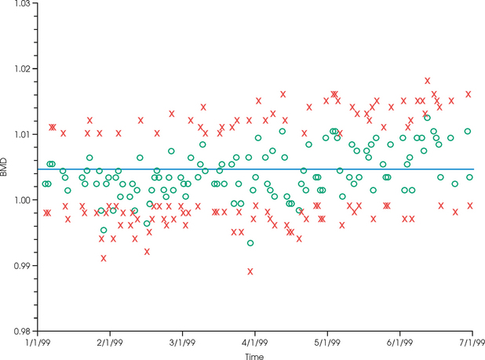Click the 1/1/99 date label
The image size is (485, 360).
[37, 343]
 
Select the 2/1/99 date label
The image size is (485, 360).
[109, 343]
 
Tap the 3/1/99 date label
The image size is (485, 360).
[182, 343]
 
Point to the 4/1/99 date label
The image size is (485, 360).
[254, 343]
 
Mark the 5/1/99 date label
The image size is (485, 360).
[326, 343]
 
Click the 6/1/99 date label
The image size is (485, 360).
[399, 343]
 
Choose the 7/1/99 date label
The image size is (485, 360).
[472, 343]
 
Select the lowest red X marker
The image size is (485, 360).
[250, 271]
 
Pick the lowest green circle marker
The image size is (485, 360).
[250, 243]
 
